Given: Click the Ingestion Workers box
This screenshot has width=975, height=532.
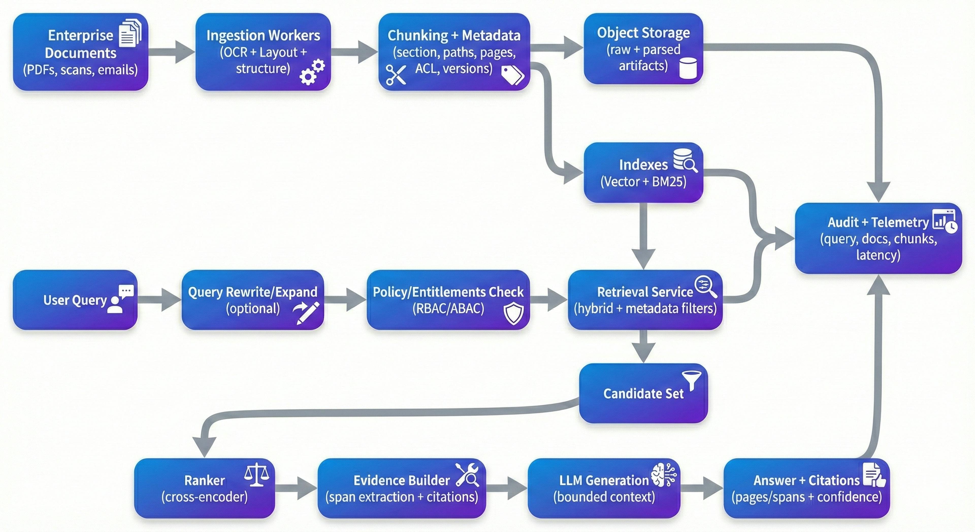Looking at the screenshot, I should (x=263, y=52).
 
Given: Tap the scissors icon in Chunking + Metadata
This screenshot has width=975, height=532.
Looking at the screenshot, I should (x=396, y=75).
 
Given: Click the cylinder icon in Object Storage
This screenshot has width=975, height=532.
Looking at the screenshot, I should (x=688, y=68).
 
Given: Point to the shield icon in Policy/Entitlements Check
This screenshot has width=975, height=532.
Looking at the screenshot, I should (x=514, y=313).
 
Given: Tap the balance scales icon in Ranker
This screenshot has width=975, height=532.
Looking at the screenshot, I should (x=257, y=475).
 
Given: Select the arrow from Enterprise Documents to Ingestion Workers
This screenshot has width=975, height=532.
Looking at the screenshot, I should (x=172, y=52).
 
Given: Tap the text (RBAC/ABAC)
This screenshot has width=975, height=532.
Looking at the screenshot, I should (x=448, y=309).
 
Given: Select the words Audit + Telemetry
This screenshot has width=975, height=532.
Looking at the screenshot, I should (x=878, y=222).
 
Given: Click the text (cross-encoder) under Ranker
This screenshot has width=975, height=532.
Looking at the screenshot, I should (x=204, y=497).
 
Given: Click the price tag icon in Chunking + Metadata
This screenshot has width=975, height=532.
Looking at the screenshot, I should (x=512, y=75).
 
